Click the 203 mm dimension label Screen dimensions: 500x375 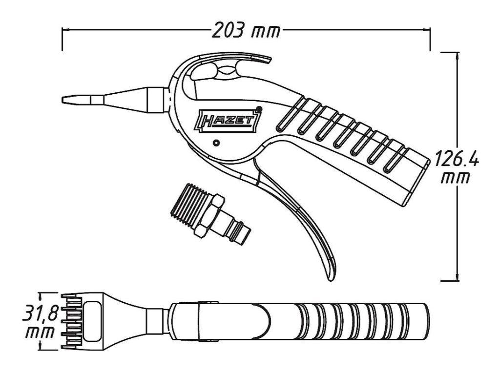click(247, 31)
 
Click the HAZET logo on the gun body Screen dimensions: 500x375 click(229, 120)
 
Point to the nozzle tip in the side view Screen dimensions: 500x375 click(65, 100)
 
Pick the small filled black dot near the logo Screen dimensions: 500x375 click(259, 109)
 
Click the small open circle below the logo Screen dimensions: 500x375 click(216, 144)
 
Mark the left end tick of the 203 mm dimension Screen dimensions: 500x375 click(62, 40)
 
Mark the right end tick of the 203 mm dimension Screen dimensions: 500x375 click(430, 40)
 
